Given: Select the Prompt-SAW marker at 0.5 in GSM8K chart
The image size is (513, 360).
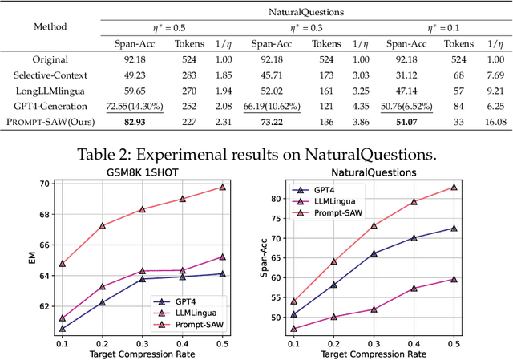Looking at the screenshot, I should [244, 187].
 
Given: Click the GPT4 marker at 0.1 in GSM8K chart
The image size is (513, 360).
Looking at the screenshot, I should [63, 328].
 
